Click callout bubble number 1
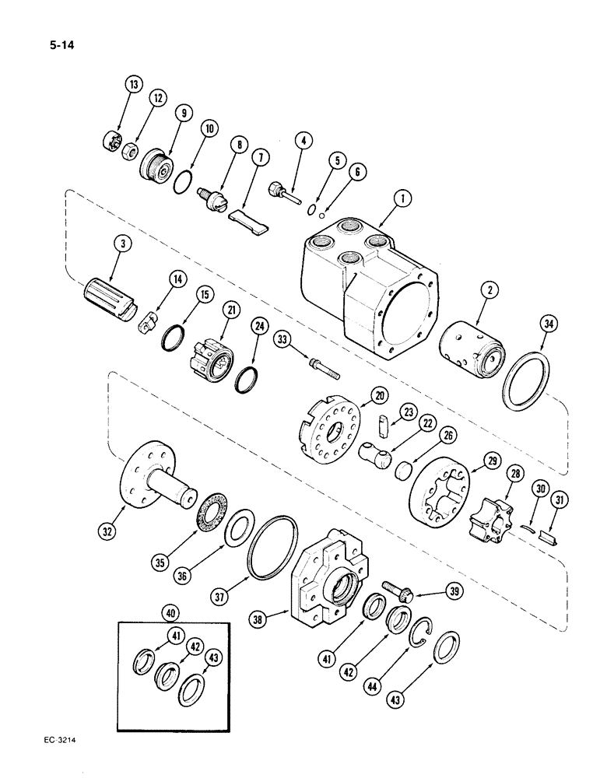[x=402, y=198]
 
